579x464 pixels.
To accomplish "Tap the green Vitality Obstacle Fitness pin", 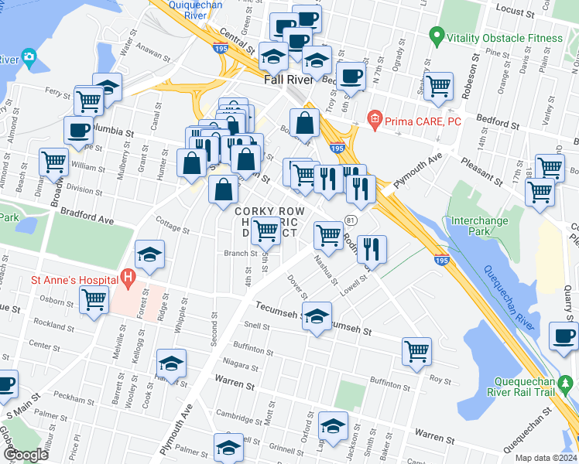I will [x=436, y=36].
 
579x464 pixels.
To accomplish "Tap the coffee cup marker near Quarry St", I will [x=563, y=335].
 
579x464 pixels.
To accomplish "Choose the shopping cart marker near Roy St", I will [x=416, y=352].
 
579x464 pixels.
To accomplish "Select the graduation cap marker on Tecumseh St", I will [x=317, y=316].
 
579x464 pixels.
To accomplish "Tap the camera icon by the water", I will [x=29, y=56].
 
